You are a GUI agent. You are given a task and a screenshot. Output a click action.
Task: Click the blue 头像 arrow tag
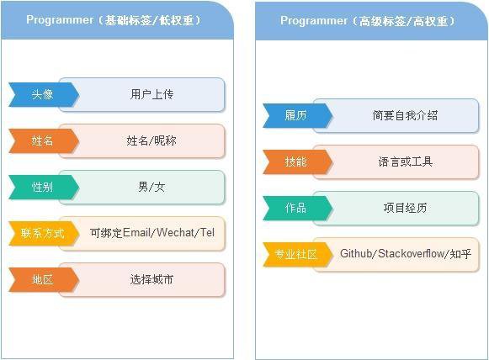(x=44, y=94)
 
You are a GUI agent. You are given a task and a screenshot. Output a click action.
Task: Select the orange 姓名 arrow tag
(x=44, y=140)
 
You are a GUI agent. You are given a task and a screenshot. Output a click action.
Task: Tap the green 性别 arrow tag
(x=44, y=187)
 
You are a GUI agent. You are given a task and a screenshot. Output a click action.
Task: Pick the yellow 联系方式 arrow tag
(x=44, y=233)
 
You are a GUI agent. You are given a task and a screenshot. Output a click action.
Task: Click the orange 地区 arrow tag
(x=44, y=279)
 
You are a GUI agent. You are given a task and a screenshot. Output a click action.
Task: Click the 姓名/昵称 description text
(x=151, y=140)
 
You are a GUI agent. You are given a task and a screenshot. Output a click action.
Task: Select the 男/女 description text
(x=151, y=187)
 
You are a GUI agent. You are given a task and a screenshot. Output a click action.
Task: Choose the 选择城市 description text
(x=151, y=279)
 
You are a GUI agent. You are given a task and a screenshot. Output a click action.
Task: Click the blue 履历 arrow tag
(x=297, y=115)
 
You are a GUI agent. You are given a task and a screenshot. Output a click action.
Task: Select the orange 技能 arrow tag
(x=297, y=161)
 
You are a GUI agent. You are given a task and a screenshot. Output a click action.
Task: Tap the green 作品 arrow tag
(x=297, y=208)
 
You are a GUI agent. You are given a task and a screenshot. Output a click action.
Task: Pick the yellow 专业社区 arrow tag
(x=297, y=254)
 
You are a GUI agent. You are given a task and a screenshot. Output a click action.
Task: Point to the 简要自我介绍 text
(x=405, y=115)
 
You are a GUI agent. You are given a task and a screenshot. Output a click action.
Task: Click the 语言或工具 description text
(x=405, y=161)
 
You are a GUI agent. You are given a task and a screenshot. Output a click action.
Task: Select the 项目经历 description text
(x=405, y=208)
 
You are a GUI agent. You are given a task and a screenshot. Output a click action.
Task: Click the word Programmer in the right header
(x=314, y=21)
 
